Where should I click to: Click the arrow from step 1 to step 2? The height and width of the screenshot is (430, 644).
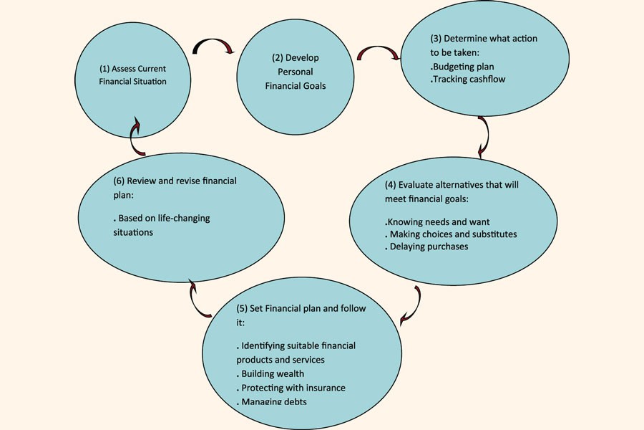(215, 44)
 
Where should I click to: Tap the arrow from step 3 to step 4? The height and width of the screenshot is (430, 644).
(484, 135)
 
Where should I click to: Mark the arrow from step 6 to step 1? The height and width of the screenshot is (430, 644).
(136, 136)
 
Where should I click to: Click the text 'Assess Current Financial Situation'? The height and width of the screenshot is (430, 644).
(132, 75)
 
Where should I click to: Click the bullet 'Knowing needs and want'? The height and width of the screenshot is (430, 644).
(438, 221)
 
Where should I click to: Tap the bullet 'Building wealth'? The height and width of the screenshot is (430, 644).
(272, 373)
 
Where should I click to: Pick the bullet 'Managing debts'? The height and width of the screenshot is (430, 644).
(274, 401)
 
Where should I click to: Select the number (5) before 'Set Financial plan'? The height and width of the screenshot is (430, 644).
(242, 308)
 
